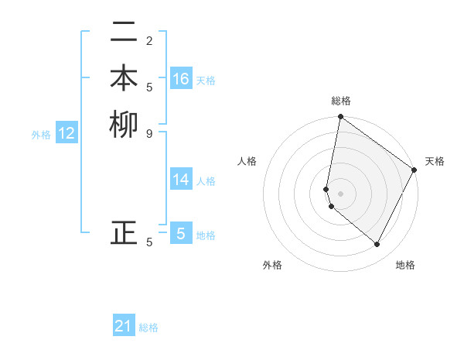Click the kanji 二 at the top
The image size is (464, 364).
click(x=125, y=33)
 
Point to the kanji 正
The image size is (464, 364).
click(x=125, y=232)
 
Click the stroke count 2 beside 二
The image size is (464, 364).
click(x=148, y=40)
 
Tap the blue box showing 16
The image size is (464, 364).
click(x=181, y=79)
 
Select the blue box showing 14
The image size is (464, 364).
click(x=181, y=180)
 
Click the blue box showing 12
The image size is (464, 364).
click(x=67, y=134)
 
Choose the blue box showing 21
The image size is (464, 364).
click(x=124, y=326)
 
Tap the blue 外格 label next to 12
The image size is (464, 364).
click(x=41, y=135)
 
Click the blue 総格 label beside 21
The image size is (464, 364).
click(x=148, y=328)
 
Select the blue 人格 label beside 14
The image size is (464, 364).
click(x=206, y=181)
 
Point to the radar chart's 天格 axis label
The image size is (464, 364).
click(x=435, y=161)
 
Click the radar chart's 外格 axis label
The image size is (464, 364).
click(x=272, y=265)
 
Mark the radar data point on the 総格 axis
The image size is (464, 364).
click(x=340, y=117)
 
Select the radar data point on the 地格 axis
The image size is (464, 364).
click(x=377, y=244)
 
